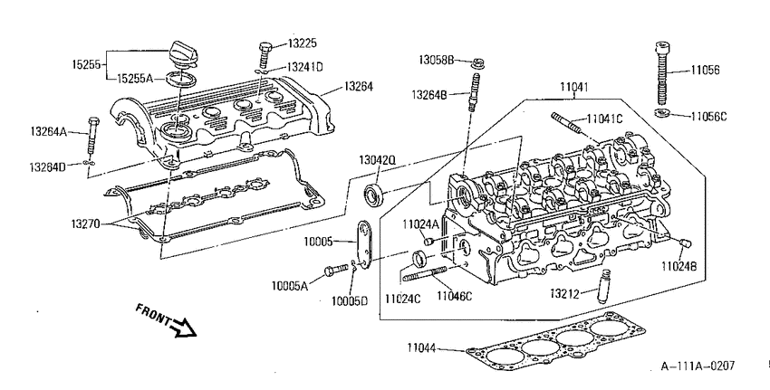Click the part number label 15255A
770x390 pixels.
pyautogui.click(x=135, y=79)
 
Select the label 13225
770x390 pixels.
pyautogui.click(x=303, y=43)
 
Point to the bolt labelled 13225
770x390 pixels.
pyautogui.click(x=265, y=55)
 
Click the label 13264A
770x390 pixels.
pyautogui.click(x=48, y=131)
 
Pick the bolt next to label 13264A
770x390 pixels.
pyautogui.click(x=92, y=136)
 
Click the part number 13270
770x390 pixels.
pyautogui.click(x=85, y=224)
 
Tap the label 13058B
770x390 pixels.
pyautogui.click(x=437, y=60)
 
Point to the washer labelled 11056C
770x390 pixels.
pyautogui.click(x=663, y=113)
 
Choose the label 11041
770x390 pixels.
pyautogui.click(x=574, y=87)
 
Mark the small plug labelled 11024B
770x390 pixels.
pyautogui.click(x=686, y=243)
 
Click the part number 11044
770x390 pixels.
pyautogui.click(x=421, y=347)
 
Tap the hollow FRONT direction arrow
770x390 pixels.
pyautogui.click(x=184, y=328)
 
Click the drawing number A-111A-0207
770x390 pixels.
pyautogui.click(x=698, y=366)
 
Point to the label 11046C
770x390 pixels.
pyautogui.click(x=454, y=296)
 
